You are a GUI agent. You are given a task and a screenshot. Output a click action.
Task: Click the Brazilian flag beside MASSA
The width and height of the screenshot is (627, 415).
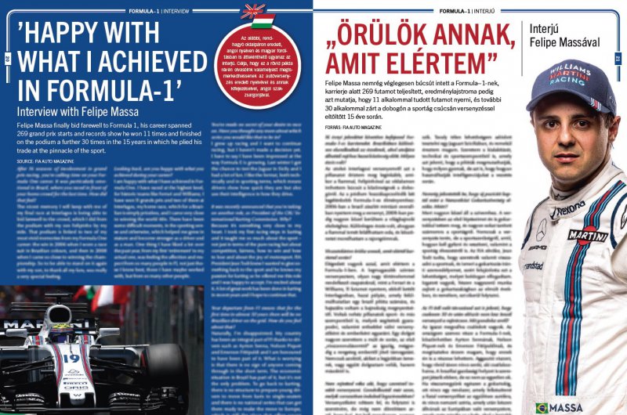tap(542, 407)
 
